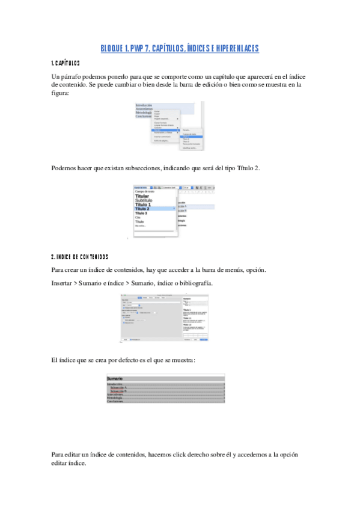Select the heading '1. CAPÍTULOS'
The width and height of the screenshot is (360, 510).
(x=66, y=63)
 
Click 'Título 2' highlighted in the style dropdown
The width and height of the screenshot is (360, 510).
(x=142, y=209)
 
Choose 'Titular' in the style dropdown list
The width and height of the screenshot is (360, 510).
(x=142, y=196)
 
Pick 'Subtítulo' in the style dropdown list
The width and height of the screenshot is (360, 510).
(x=144, y=200)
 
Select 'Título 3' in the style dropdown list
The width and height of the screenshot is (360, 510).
(x=141, y=213)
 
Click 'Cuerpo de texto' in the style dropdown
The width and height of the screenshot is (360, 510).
(x=145, y=191)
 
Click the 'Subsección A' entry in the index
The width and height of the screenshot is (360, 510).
(x=118, y=388)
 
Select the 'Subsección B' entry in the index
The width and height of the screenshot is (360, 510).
(x=118, y=392)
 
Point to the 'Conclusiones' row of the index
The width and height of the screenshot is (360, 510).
(x=115, y=402)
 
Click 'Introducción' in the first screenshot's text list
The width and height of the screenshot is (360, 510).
(x=144, y=105)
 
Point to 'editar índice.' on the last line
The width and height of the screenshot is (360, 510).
(x=69, y=464)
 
